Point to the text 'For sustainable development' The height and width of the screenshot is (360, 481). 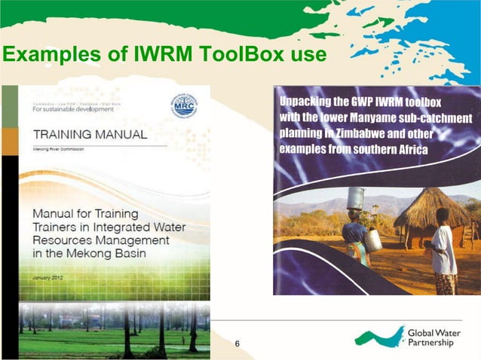(x=73, y=109)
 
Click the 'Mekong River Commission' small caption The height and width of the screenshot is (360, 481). (x=60, y=149)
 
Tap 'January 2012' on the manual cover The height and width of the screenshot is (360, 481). (x=52, y=278)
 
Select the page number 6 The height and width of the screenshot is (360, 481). (x=237, y=344)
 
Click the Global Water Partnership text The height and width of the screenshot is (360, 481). (x=430, y=337)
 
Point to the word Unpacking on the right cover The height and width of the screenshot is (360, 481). (x=309, y=102)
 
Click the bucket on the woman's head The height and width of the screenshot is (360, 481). (x=355, y=199)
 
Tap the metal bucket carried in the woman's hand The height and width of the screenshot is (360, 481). (x=372, y=240)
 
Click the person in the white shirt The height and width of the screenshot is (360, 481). (x=444, y=249)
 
